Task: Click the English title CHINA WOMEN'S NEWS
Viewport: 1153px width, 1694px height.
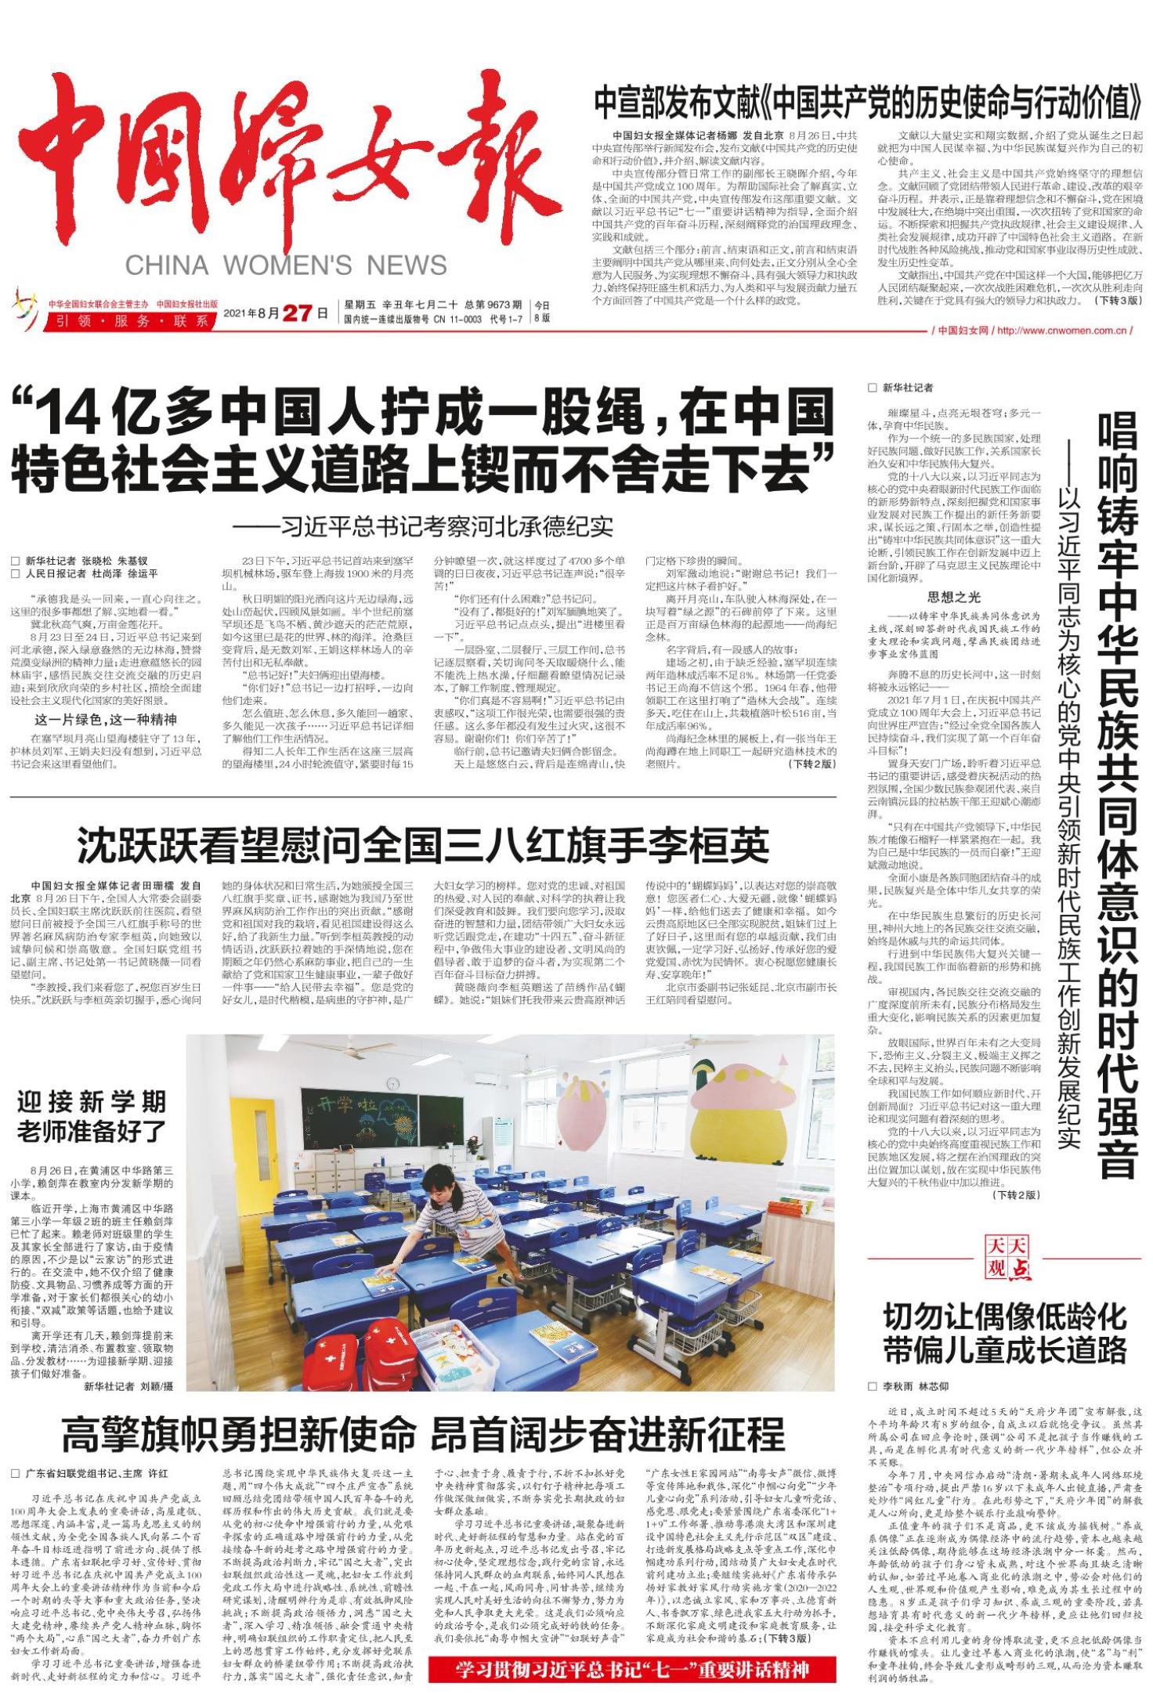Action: click(x=285, y=265)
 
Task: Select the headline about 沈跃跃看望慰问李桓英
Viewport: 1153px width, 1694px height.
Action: click(x=423, y=843)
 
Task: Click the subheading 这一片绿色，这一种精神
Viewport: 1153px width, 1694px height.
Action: click(x=105, y=719)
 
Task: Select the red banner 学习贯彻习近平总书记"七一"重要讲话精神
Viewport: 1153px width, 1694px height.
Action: click(x=632, y=1669)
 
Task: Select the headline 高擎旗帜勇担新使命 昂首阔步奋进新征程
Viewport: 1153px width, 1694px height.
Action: click(x=423, y=1435)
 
